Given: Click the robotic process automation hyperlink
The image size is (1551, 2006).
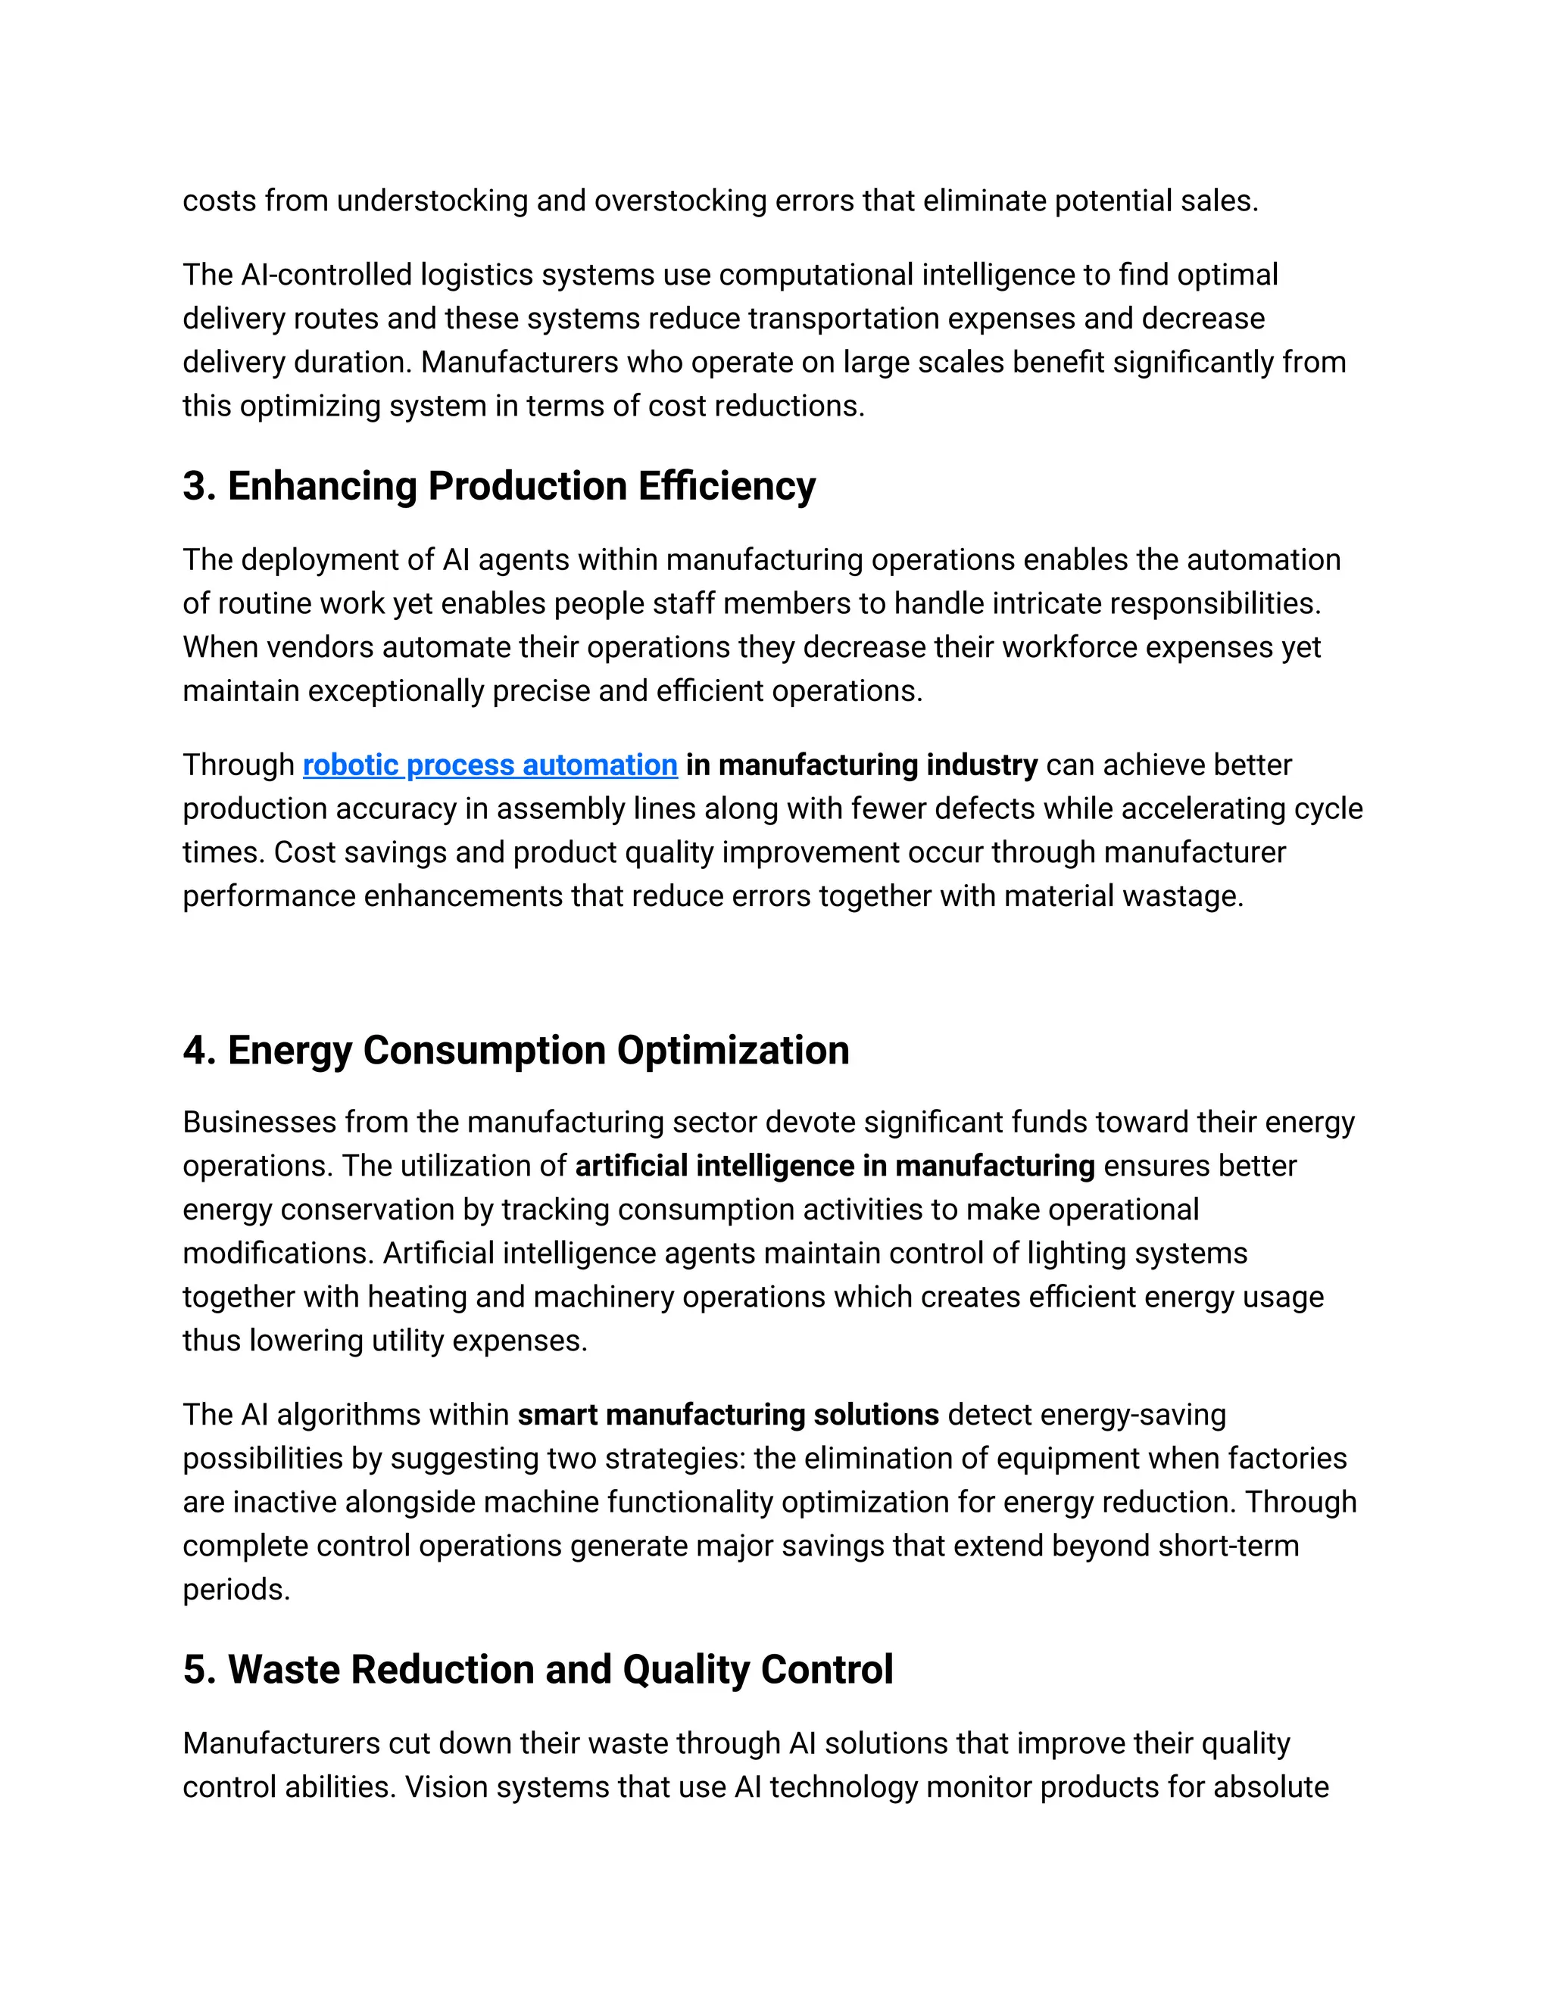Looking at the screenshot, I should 490,765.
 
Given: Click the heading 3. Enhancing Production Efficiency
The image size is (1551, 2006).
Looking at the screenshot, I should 499,486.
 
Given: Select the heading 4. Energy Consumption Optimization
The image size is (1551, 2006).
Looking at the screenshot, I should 516,1050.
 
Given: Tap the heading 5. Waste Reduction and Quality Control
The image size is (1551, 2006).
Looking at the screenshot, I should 538,1669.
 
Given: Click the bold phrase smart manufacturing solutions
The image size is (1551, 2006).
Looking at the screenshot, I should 728,1415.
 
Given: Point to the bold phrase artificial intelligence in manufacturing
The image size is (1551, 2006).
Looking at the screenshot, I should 835,1166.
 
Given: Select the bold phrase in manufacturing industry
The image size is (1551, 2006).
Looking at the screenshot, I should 861,765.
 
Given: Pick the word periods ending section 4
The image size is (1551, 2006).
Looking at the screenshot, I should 236,1589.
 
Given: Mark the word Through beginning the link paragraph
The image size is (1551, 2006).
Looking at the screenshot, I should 238,765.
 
